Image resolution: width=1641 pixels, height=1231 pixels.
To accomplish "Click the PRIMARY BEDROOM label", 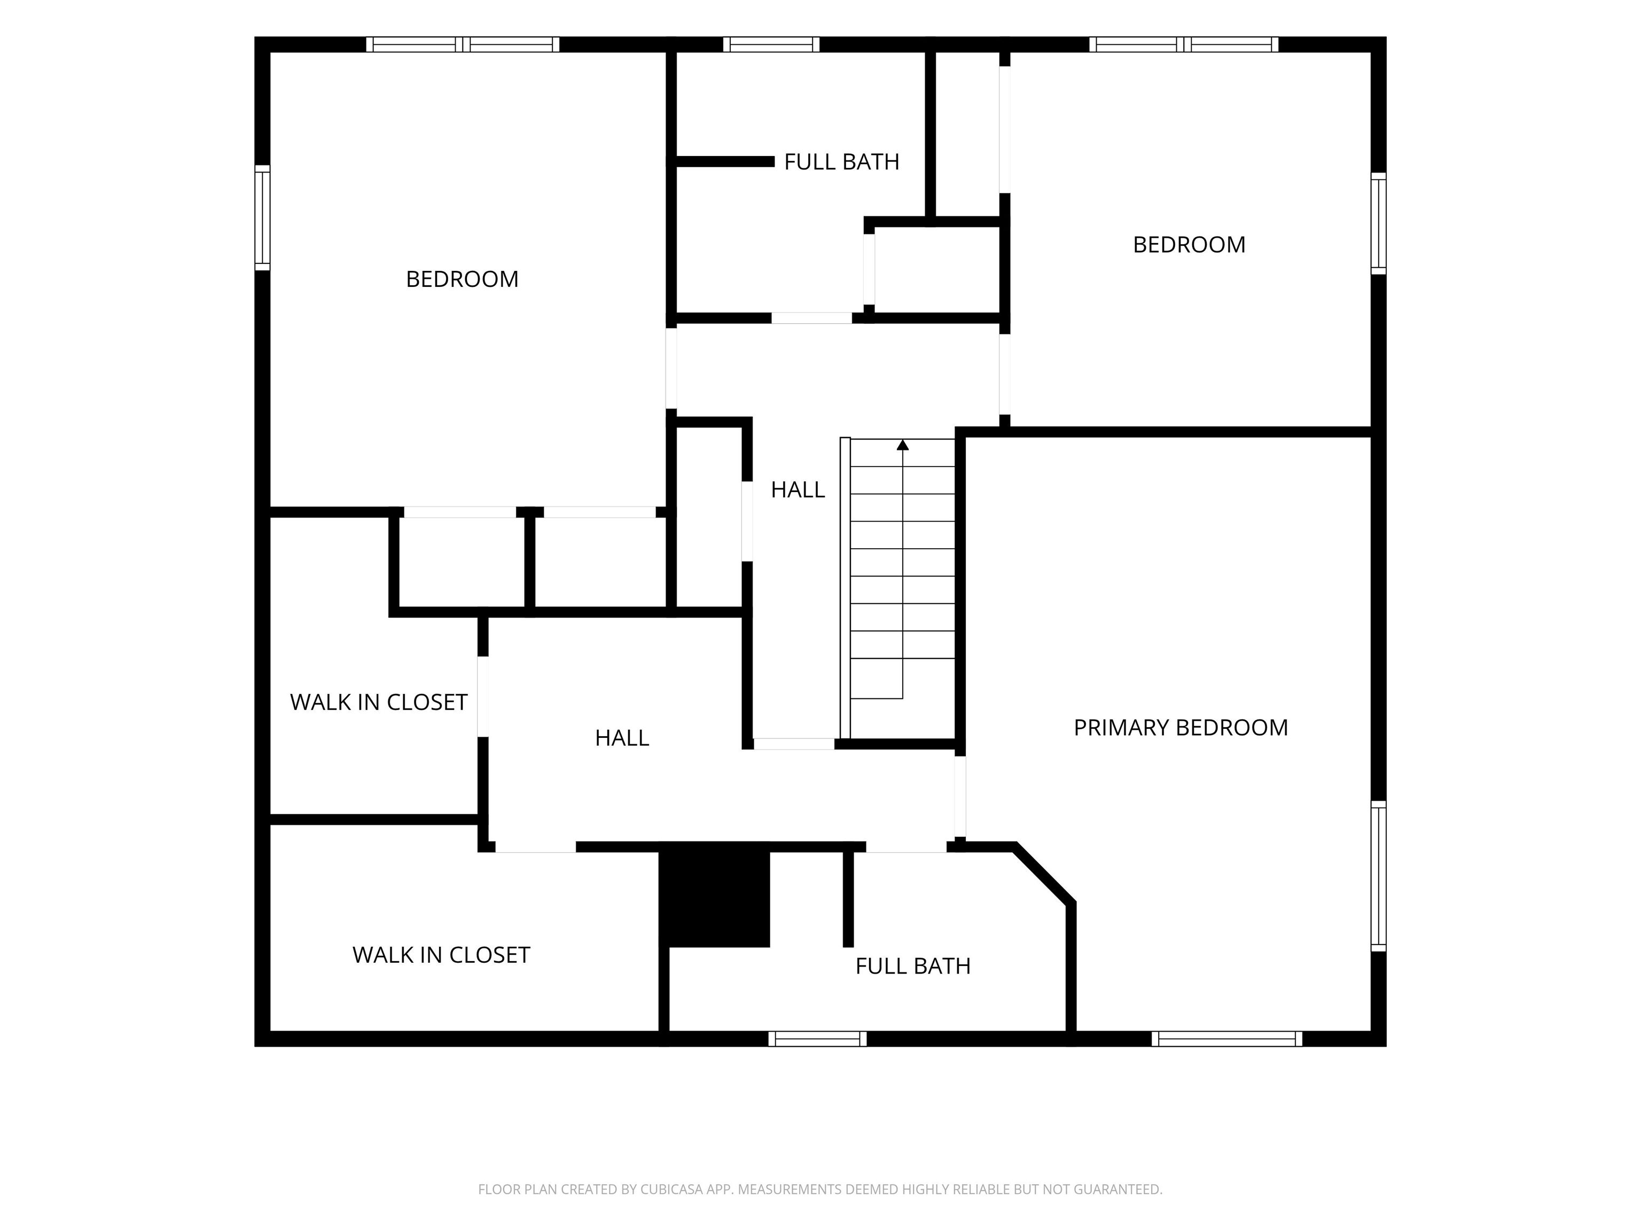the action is click(1181, 728).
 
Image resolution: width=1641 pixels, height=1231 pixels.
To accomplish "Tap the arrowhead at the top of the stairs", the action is click(903, 445).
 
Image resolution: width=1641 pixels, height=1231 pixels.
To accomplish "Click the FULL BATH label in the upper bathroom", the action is click(841, 162).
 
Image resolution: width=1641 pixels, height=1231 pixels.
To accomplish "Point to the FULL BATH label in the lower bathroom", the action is click(912, 966).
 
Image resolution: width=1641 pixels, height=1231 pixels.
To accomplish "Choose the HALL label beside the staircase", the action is click(798, 490).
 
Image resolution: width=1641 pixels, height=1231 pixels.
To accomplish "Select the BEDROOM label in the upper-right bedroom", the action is click(1189, 245).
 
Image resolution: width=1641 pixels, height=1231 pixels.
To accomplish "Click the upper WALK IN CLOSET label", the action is click(378, 702).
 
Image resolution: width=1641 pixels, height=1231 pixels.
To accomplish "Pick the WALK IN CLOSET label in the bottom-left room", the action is click(441, 955).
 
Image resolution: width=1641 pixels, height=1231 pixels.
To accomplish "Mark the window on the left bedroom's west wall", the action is click(262, 217).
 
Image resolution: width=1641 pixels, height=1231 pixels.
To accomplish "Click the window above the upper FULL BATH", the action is click(771, 44).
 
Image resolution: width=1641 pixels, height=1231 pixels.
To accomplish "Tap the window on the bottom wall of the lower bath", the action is click(817, 1039).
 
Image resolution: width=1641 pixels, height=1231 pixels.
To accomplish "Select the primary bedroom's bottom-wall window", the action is click(1227, 1039).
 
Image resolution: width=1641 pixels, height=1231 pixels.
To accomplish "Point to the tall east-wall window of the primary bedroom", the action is click(1378, 876).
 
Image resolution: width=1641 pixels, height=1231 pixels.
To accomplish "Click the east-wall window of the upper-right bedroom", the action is click(1378, 223).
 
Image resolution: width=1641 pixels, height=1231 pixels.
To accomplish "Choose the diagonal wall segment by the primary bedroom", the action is click(1044, 874).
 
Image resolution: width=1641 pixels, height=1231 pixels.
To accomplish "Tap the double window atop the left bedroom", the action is click(463, 44).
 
